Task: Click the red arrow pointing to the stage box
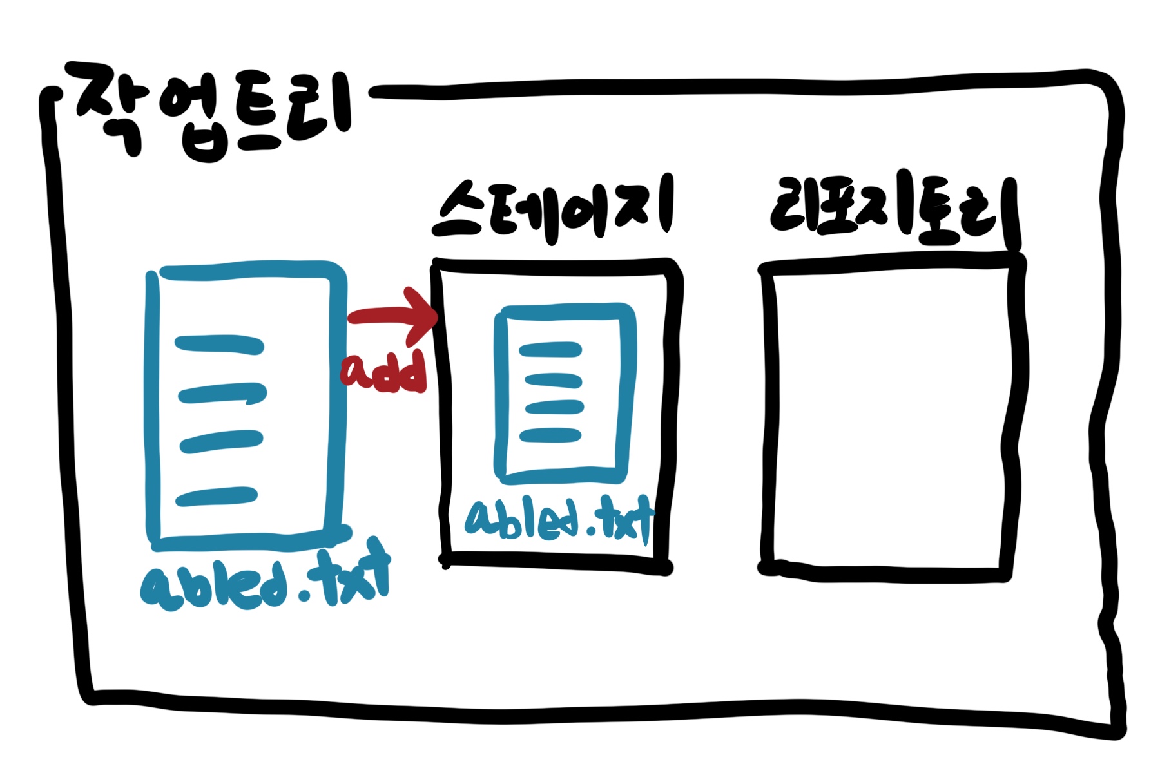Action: [x=393, y=316]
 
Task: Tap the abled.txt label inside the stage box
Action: [x=558, y=520]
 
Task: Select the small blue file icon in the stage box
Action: [x=563, y=393]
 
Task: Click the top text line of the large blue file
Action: [x=219, y=345]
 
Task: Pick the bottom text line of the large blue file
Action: [x=217, y=497]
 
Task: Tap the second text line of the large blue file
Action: [x=222, y=393]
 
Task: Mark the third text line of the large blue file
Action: [x=221, y=442]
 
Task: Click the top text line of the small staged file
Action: [x=551, y=350]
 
